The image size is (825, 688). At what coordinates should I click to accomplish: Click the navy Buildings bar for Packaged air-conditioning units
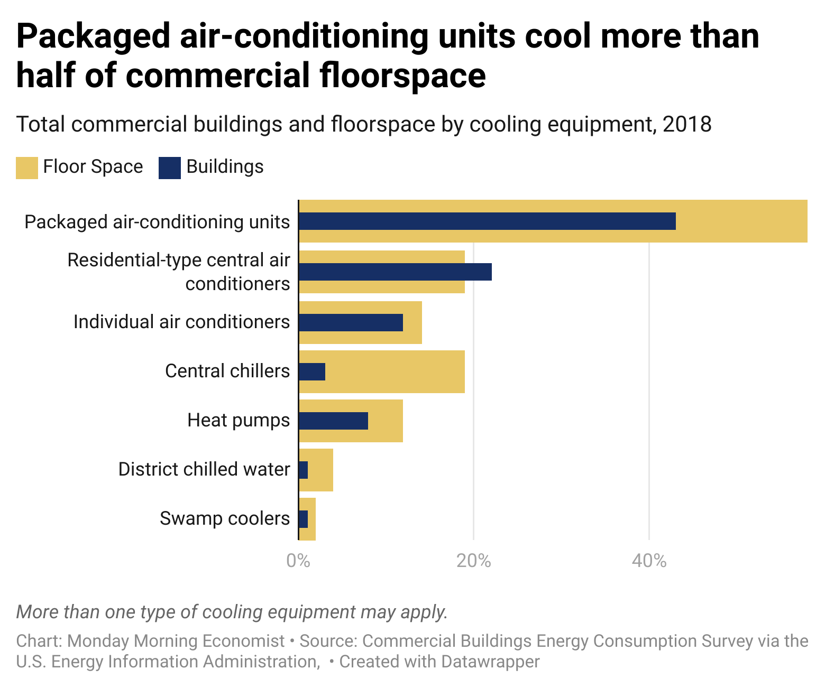(487, 221)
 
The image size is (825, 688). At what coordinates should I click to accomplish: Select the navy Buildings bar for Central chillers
(312, 372)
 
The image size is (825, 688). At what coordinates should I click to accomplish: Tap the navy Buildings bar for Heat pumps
(333, 421)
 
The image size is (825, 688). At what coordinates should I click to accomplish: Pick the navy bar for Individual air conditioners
(351, 322)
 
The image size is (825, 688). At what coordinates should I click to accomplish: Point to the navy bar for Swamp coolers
(303, 519)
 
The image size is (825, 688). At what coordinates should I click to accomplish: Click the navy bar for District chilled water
(303, 470)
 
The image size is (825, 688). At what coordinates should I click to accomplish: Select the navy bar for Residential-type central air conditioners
(395, 272)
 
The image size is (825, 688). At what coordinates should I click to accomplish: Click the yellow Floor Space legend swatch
(26, 168)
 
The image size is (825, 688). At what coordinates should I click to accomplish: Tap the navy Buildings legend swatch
(169, 168)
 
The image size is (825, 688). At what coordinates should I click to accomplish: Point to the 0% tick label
(298, 561)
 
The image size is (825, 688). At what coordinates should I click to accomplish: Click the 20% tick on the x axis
(473, 561)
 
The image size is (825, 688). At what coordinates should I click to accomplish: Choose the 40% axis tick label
(649, 561)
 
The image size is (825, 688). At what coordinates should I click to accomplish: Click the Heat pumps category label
(239, 421)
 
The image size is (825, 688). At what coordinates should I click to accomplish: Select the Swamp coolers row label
(225, 519)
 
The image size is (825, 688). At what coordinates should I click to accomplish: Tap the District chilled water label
(204, 469)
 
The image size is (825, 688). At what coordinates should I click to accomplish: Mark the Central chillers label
(227, 371)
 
